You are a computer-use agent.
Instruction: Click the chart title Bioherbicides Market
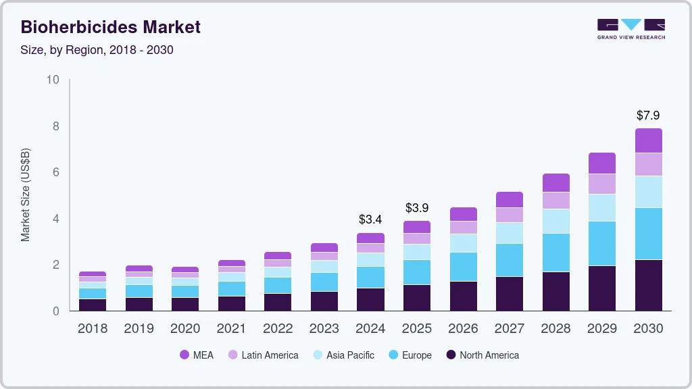click(111, 27)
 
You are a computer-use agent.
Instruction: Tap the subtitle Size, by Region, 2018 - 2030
click(97, 50)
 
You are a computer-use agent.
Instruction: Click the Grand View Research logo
click(631, 28)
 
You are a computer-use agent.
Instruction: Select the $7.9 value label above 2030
click(648, 115)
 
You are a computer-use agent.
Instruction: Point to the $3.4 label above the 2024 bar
click(370, 219)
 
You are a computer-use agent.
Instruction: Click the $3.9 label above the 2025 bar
click(417, 207)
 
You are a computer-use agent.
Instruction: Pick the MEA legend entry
click(197, 355)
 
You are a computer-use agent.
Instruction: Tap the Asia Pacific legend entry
click(343, 355)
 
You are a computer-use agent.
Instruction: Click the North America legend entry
click(482, 355)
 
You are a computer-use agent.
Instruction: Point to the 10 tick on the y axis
click(52, 80)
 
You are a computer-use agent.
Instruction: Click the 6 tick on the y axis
click(55, 172)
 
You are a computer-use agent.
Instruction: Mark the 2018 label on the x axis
click(92, 329)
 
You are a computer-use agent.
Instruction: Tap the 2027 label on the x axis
click(510, 329)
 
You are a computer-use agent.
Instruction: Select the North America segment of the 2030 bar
click(648, 285)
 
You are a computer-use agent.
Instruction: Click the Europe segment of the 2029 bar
click(602, 243)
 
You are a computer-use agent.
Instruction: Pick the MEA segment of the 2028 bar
click(555, 182)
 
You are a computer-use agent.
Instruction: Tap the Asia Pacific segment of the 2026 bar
click(464, 243)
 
